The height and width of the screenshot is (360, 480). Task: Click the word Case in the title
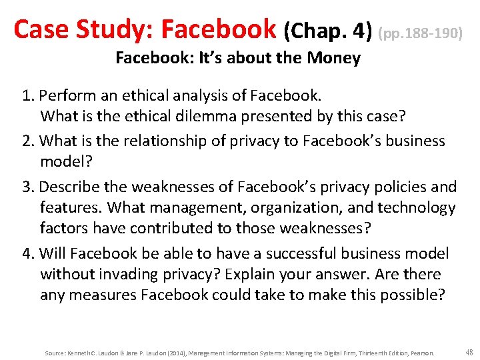click(x=42, y=29)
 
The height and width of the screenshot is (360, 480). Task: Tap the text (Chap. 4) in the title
click(x=327, y=30)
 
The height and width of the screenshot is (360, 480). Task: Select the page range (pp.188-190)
click(x=421, y=31)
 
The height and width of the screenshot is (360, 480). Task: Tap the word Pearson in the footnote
click(x=423, y=353)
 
